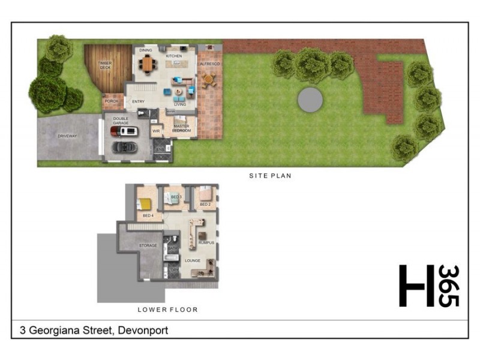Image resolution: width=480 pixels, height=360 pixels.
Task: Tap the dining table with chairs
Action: (x=148, y=63)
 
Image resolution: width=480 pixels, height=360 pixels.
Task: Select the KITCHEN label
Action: (x=174, y=56)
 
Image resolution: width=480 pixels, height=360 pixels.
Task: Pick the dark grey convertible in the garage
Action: (x=125, y=146)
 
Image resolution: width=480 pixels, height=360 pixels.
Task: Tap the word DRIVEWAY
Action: (x=67, y=136)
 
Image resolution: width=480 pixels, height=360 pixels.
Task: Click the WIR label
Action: (x=155, y=130)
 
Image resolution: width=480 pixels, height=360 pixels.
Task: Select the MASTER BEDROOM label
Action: (x=181, y=128)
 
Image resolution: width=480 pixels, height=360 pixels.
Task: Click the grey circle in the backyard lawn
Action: (x=310, y=99)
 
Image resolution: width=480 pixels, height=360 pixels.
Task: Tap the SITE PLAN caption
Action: (x=270, y=176)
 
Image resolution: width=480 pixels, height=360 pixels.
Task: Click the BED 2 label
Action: (x=205, y=205)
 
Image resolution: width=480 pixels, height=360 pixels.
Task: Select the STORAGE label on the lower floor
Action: (x=148, y=245)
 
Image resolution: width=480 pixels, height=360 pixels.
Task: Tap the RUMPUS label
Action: (x=206, y=242)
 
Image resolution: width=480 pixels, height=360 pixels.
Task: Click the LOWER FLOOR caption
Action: (x=167, y=310)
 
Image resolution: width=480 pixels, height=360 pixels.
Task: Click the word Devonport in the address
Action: (x=143, y=331)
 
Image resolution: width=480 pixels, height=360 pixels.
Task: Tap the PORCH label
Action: (x=112, y=101)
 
